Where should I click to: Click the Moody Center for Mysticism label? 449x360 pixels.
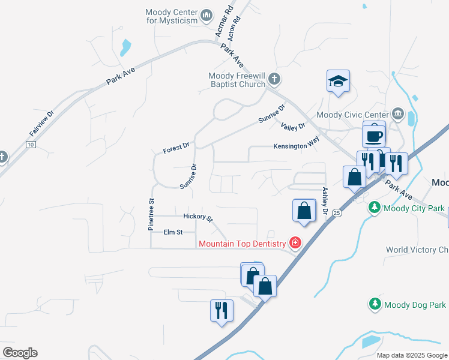tap(172, 16)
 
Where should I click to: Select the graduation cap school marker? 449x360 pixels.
tap(339, 82)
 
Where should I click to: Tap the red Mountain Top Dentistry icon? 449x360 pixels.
tap(295, 243)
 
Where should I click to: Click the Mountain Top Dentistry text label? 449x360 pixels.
tap(243, 243)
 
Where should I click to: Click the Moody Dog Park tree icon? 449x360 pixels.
tap(375, 305)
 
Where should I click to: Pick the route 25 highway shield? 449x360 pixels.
tap(337, 214)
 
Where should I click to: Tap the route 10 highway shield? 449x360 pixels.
tap(31, 145)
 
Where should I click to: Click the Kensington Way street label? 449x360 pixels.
tap(296, 146)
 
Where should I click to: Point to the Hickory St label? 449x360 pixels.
tap(198, 217)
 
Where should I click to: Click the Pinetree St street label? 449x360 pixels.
tap(152, 214)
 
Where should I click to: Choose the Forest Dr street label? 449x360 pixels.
tap(176, 146)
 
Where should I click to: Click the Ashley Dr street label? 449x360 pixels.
tap(325, 200)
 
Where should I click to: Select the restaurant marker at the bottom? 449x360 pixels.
tap(221, 311)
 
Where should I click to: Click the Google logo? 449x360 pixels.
tap(20, 353)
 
